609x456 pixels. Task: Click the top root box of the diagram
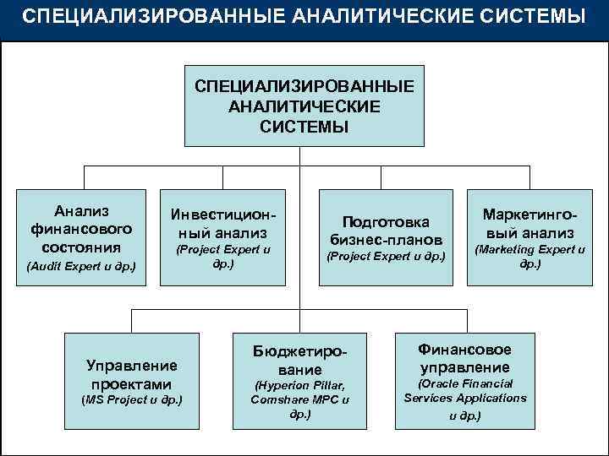pyautogui.click(x=304, y=106)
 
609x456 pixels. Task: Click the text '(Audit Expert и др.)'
pyautogui.click(x=82, y=267)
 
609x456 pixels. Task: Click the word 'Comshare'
pyautogui.click(x=280, y=400)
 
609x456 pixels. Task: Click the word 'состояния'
pyautogui.click(x=82, y=247)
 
